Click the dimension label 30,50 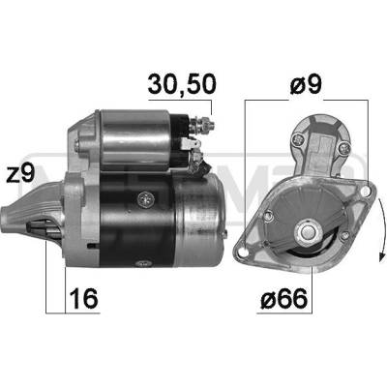point(182,84)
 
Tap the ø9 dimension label point(306,84)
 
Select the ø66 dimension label point(284,298)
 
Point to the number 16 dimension point(83,298)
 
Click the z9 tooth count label point(20,173)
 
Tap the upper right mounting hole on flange point(366,192)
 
